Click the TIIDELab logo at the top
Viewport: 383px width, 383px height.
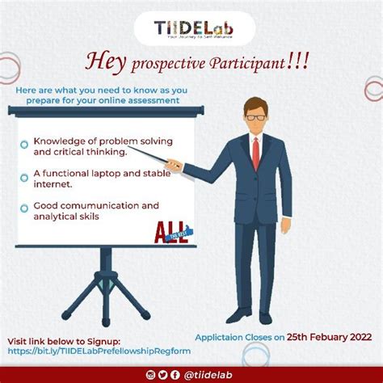[x=191, y=30]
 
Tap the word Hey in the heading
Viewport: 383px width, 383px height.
[x=105, y=62]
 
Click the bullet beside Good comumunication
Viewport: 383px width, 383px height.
[x=25, y=208]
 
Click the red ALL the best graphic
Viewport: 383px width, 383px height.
[x=170, y=233]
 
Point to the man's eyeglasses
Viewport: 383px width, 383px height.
[x=255, y=117]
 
